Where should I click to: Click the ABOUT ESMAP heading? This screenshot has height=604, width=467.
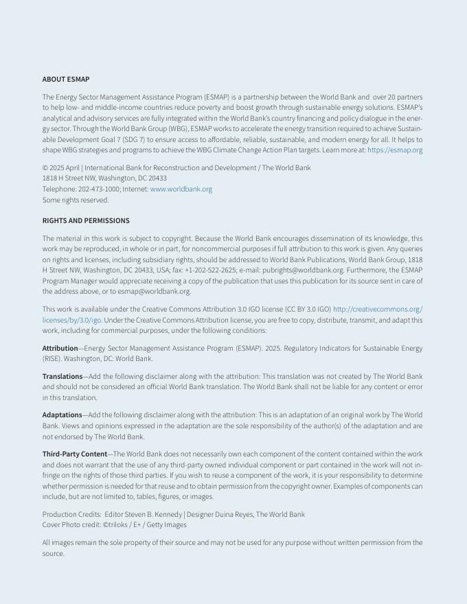(66, 80)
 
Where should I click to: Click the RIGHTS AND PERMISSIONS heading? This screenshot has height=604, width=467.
(86, 221)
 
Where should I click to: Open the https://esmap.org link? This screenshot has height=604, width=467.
(395, 150)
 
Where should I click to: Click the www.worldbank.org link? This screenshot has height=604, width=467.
(181, 189)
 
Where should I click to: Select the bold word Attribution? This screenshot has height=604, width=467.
(60, 349)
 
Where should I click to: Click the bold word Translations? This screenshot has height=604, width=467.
(62, 377)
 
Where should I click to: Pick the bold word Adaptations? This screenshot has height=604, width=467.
(62, 415)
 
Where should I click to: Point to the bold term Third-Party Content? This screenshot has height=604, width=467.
(75, 454)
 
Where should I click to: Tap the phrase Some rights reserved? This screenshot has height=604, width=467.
(76, 200)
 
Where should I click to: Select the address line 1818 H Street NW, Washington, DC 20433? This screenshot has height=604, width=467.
(104, 178)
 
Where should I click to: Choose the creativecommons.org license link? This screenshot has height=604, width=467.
(377, 310)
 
